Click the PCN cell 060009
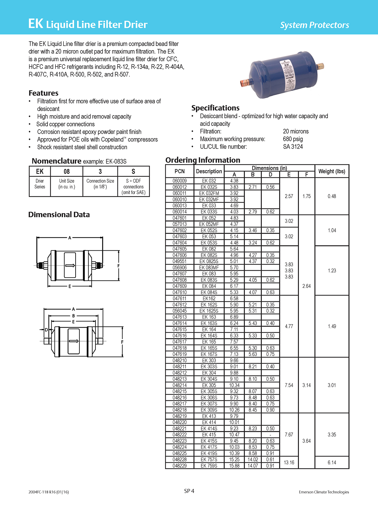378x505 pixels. [x=180, y=181]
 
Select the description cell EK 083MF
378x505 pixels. [x=209, y=267]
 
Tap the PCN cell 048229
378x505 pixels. [x=180, y=466]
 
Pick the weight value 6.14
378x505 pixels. [x=332, y=462]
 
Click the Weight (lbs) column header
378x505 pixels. [x=332, y=171]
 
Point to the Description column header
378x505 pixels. [x=209, y=171]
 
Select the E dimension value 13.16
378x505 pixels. [x=289, y=462]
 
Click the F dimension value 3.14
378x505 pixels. [x=306, y=385]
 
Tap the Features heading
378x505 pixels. [x=43, y=93]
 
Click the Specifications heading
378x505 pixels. [x=215, y=108]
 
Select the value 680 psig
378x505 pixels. [x=293, y=139]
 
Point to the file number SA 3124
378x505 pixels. [x=293, y=146]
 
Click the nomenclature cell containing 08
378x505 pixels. [x=67, y=171]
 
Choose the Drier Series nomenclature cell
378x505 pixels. [x=40, y=184]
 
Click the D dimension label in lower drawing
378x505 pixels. [x=46, y=330]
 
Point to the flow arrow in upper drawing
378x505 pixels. [x=70, y=265]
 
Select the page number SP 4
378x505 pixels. [x=189, y=491]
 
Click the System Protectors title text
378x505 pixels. [x=314, y=25]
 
